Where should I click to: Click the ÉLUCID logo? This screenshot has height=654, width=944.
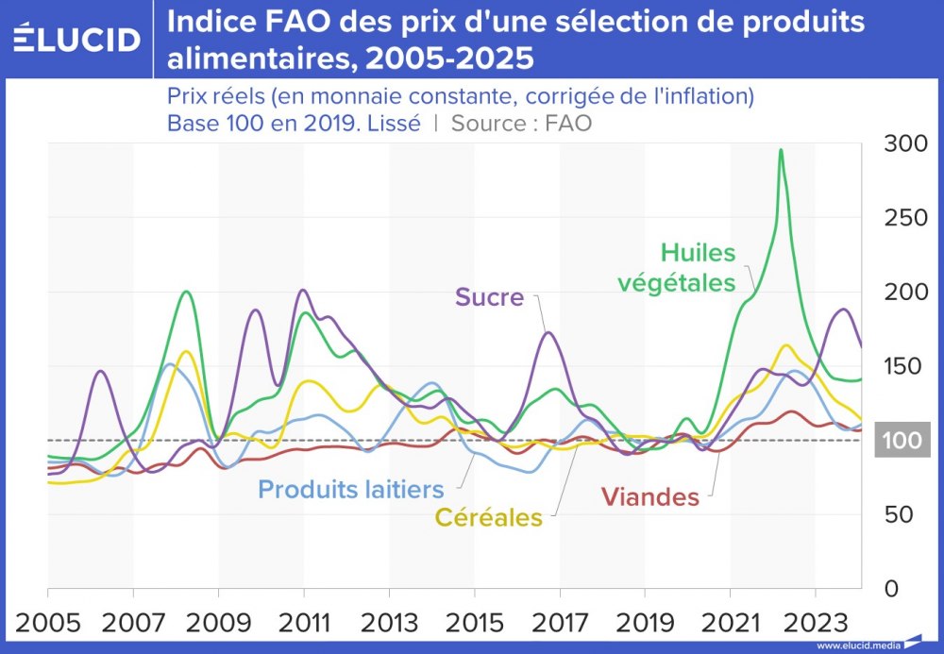click(x=77, y=39)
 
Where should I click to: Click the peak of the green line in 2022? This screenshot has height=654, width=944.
click(x=781, y=150)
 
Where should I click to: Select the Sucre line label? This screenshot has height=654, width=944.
click(x=489, y=297)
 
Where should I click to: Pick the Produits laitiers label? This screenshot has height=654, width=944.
click(x=350, y=489)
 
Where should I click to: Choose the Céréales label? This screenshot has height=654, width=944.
click(x=488, y=517)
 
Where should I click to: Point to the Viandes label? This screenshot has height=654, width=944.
click(x=649, y=496)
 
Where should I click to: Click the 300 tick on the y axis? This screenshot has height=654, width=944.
click(x=904, y=143)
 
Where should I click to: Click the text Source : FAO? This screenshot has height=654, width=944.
click(x=521, y=123)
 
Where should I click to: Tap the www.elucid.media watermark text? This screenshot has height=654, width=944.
click(x=857, y=646)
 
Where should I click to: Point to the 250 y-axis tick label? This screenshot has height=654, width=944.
click(x=904, y=218)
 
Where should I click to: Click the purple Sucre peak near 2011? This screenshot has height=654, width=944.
click(x=302, y=290)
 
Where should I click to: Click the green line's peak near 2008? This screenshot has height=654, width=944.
click(x=186, y=291)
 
